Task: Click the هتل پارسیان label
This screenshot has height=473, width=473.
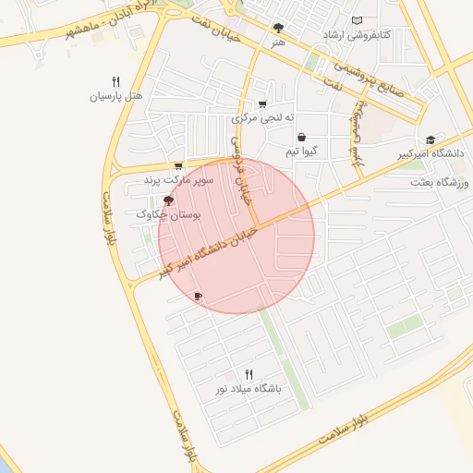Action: tap(113, 96)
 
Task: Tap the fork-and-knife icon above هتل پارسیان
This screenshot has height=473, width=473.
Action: tap(115, 81)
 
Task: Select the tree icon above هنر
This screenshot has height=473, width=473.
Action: tap(279, 29)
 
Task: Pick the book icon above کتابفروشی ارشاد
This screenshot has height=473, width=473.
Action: tap(358, 20)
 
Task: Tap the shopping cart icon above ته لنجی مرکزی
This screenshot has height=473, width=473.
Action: tap(263, 103)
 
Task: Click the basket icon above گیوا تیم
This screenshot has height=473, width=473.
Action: tap(301, 137)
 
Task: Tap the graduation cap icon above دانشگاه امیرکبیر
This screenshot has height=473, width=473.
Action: tap(431, 136)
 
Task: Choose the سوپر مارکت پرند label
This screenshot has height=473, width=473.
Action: tap(178, 180)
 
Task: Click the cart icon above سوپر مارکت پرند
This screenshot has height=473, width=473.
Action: tap(178, 166)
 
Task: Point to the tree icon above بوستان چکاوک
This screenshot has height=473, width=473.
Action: tap(168, 200)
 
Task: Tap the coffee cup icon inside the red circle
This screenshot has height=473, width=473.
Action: tap(198, 297)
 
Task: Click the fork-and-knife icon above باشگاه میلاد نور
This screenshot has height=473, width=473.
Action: tap(248, 374)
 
